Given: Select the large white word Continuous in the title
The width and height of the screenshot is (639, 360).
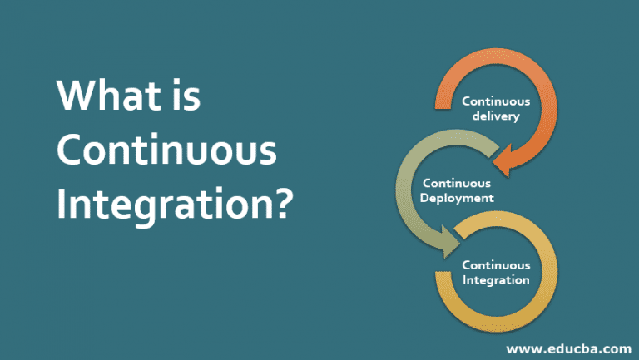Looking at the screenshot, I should (x=166, y=151).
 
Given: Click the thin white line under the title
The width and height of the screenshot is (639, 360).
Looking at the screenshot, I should (x=167, y=244).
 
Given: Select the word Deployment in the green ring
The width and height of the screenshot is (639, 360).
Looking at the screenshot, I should (x=458, y=198).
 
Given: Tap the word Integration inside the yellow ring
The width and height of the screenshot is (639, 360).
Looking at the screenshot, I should (x=496, y=280).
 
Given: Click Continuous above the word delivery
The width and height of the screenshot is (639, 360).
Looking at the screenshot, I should (x=496, y=101).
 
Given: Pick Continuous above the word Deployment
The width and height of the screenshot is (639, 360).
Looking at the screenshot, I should (x=457, y=183).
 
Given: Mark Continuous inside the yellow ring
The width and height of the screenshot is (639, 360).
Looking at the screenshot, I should (x=496, y=265).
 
